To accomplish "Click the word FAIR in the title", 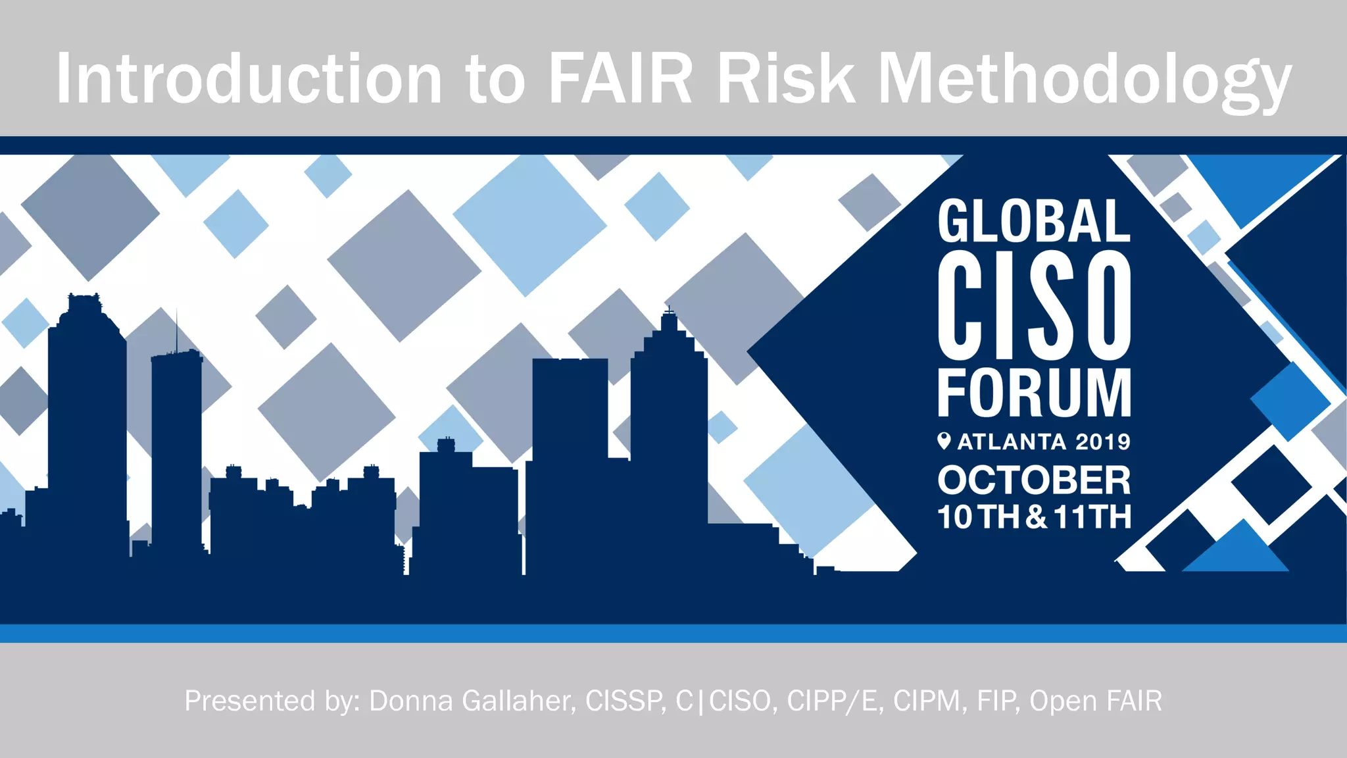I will point(620,79).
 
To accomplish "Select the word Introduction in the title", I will point(249,79).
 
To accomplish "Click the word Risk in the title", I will point(786,79).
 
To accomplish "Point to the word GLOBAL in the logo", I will point(1034,222).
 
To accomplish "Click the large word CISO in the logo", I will point(1034,305).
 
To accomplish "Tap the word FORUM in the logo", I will point(1034,393).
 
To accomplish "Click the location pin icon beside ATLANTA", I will point(944,441).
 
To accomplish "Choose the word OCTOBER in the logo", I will point(1034,480).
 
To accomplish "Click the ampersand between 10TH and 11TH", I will point(1036,517).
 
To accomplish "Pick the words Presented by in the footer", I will point(272,701).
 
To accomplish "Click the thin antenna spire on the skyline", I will point(176,329).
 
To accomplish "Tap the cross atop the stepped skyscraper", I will point(669,309).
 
